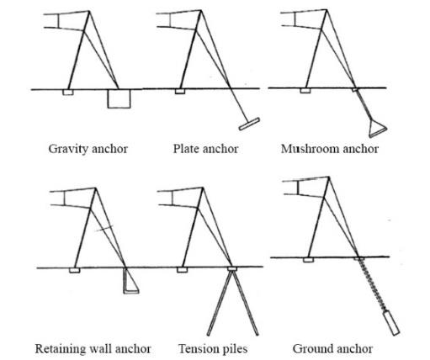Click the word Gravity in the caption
coord(68,149)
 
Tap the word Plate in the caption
coord(185,149)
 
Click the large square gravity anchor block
coord(119,98)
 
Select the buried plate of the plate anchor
coord(249,124)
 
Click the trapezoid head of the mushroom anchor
coord(378,129)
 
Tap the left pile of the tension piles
coord(220,304)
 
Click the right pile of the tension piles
coord(246,304)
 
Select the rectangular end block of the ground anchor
coord(391,323)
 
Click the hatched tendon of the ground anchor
coord(372,284)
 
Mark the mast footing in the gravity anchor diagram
coord(68,93)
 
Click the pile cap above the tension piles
coord(232,269)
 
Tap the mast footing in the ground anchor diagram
coord(308,260)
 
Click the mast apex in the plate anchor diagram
coord(201,11)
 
